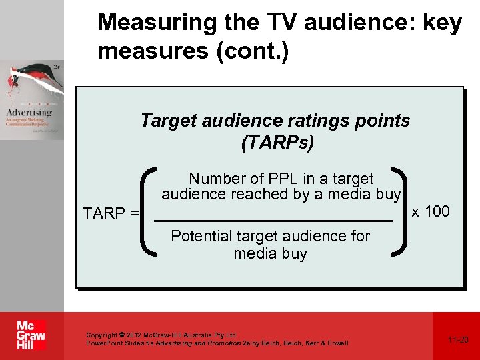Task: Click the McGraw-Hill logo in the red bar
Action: point(31,335)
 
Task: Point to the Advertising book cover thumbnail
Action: point(32,100)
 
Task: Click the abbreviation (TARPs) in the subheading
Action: point(275,143)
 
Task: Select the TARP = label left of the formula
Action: point(111,213)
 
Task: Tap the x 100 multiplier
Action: point(431,212)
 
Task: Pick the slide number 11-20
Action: point(458,340)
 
